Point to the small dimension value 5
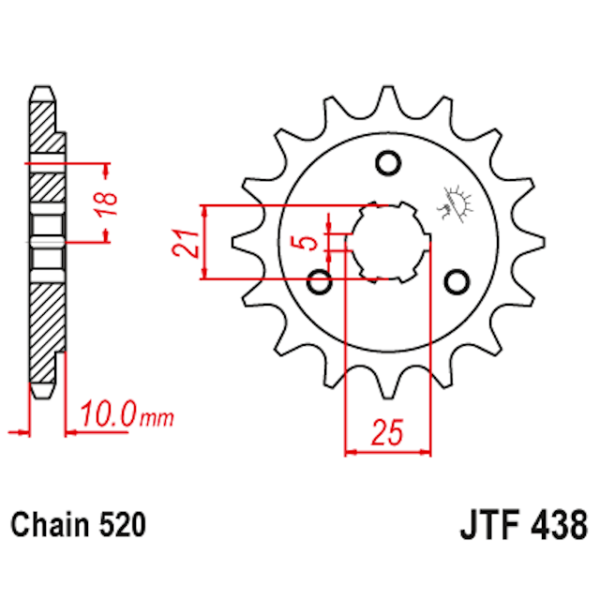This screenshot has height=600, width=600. pyautogui.click(x=307, y=243)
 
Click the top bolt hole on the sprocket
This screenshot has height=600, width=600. pyautogui.click(x=386, y=164)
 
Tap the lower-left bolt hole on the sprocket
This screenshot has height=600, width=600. pyautogui.click(x=321, y=279)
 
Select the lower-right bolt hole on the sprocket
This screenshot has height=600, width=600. pyautogui.click(x=457, y=280)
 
